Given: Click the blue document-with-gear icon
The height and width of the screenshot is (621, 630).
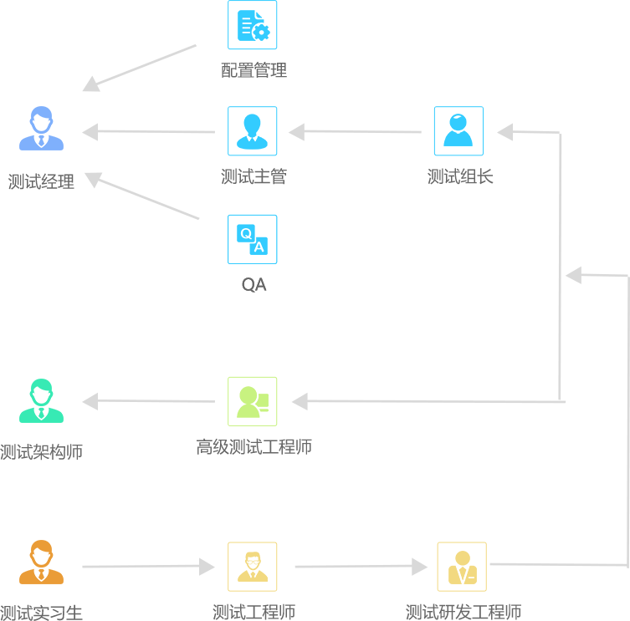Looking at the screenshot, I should [x=252, y=25].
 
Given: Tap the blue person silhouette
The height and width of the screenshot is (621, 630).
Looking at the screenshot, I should [x=41, y=129].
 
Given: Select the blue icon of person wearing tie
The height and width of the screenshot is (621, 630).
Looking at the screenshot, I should [x=252, y=130].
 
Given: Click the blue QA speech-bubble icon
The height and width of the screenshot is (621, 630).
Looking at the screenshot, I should [x=252, y=239].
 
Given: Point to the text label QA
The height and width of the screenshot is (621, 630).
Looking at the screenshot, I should [x=254, y=285].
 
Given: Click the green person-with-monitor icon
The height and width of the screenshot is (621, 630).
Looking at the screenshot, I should [x=252, y=401].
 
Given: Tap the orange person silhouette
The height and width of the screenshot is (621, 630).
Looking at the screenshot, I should [x=41, y=562].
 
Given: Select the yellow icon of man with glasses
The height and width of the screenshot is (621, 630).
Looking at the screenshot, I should [x=252, y=567].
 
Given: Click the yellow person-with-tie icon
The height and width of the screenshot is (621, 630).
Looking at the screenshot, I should [x=462, y=567].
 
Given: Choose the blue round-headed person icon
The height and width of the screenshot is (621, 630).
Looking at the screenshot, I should [x=458, y=130].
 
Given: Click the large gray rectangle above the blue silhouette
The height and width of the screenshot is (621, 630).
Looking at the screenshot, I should [x=142, y=65].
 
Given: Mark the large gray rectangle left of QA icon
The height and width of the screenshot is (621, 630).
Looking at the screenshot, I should [x=146, y=198].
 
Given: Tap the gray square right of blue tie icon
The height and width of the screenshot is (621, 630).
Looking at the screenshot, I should [x=296, y=131].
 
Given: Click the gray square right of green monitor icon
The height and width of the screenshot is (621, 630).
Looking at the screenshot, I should [x=300, y=401].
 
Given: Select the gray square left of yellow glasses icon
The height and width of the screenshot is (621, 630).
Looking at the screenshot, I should [x=207, y=567].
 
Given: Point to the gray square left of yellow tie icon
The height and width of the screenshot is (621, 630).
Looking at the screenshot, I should [x=420, y=567].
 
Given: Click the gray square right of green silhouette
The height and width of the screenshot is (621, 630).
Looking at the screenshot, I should [x=90, y=401].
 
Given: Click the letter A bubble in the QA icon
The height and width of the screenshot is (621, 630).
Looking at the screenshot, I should [x=259, y=247].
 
